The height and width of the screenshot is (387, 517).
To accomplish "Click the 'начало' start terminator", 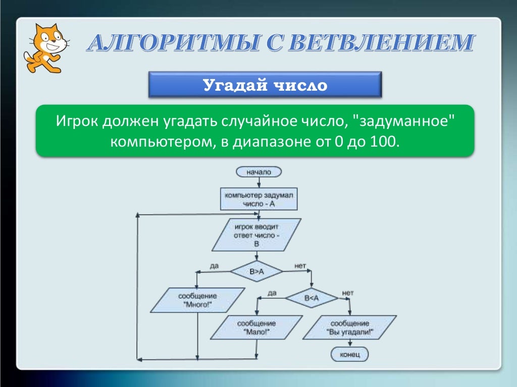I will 258,172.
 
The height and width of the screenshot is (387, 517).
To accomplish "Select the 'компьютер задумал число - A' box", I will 258,199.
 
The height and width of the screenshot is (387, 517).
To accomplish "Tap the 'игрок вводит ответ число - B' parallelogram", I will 256,235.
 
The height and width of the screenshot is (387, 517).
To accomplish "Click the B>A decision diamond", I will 256,271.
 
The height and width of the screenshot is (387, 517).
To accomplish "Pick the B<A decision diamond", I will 311,298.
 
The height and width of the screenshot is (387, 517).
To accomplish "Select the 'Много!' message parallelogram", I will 197,300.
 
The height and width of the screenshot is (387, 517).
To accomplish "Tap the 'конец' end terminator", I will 349,354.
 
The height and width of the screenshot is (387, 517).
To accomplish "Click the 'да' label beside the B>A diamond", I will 214,265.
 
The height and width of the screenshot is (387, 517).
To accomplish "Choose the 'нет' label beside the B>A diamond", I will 300,265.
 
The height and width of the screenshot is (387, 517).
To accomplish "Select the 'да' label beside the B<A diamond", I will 272,292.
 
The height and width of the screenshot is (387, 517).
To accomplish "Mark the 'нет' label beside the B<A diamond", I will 347,292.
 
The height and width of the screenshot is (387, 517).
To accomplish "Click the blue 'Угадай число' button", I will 265,85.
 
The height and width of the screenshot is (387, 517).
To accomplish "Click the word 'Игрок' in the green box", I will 77,121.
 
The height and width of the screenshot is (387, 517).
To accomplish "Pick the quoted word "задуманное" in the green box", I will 404,121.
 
